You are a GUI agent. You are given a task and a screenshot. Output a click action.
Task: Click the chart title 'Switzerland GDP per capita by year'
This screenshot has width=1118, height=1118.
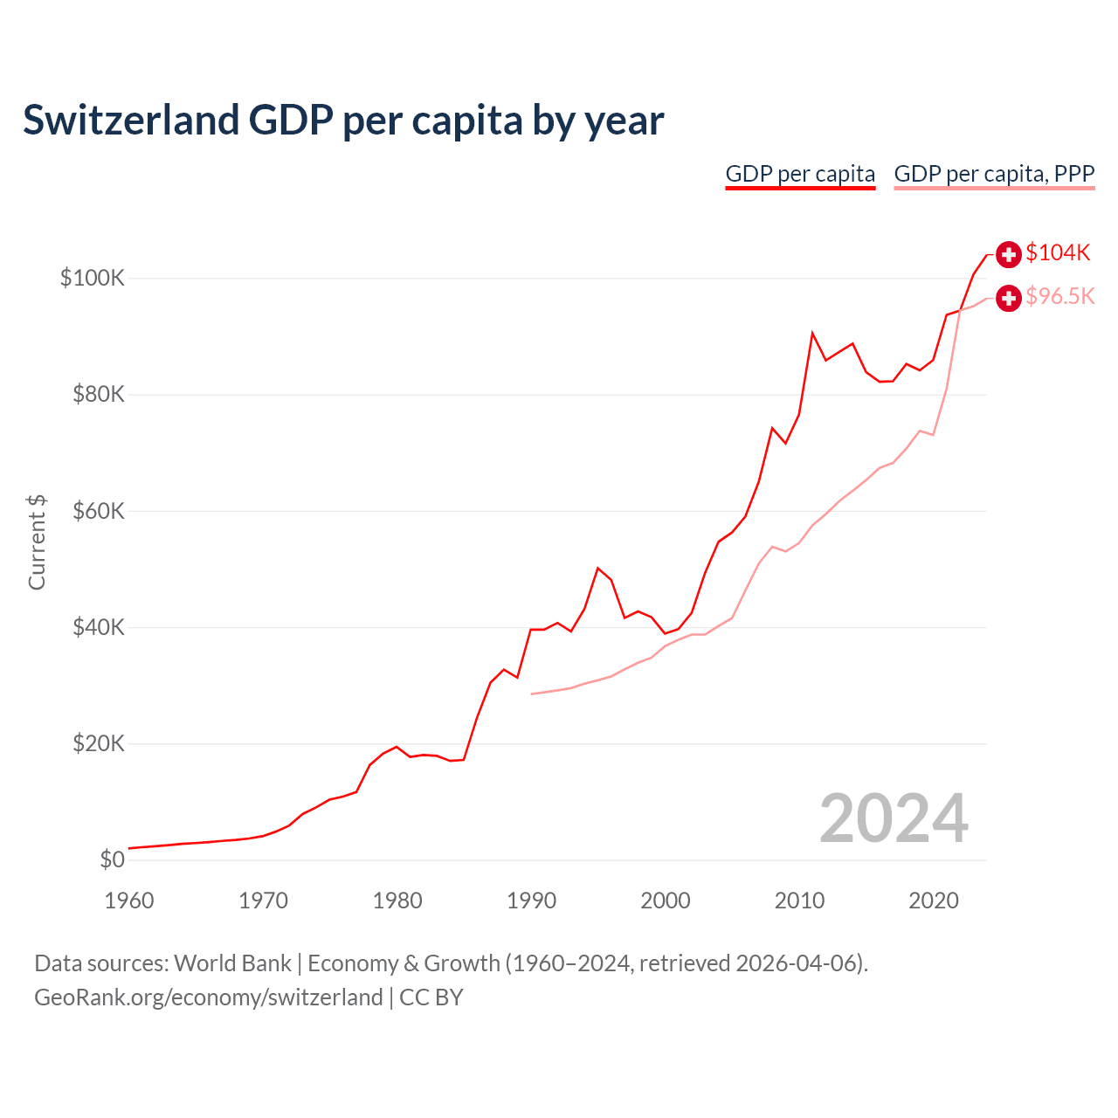pos(343,121)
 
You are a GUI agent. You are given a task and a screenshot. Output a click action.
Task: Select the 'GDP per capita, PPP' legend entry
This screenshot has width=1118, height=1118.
pos(994,174)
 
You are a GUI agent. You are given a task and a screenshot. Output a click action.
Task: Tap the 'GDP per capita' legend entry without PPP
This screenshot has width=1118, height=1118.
pos(800,174)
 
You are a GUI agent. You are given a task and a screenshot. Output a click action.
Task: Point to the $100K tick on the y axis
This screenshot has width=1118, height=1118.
pos(93,278)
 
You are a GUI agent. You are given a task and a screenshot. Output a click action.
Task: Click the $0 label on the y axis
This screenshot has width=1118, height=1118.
pos(113,859)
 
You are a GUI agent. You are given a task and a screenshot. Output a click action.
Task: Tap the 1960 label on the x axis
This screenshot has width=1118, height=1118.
pos(129,901)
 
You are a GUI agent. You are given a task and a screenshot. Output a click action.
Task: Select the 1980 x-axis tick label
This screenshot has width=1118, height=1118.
pos(397,901)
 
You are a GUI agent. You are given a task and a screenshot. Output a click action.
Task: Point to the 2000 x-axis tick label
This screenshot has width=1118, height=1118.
pos(666,901)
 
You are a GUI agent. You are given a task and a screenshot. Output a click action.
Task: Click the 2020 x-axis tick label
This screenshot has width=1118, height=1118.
pos(934,901)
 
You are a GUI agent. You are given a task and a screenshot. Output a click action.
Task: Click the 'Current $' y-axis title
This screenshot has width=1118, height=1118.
pos(37,542)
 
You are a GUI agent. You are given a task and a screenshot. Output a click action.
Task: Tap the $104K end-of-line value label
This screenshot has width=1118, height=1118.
pos(1058,252)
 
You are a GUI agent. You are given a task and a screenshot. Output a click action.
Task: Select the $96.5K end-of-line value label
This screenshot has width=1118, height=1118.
pos(1059,296)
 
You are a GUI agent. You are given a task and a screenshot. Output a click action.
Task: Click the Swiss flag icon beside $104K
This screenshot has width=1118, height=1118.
pos(1009,254)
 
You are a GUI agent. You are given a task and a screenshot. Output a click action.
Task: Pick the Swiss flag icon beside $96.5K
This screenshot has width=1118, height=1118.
pos(1009,298)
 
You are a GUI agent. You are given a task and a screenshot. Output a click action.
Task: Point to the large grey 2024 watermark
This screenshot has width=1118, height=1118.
pos(894,818)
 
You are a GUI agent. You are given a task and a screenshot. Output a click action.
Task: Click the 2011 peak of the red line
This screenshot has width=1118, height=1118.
pos(812,333)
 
